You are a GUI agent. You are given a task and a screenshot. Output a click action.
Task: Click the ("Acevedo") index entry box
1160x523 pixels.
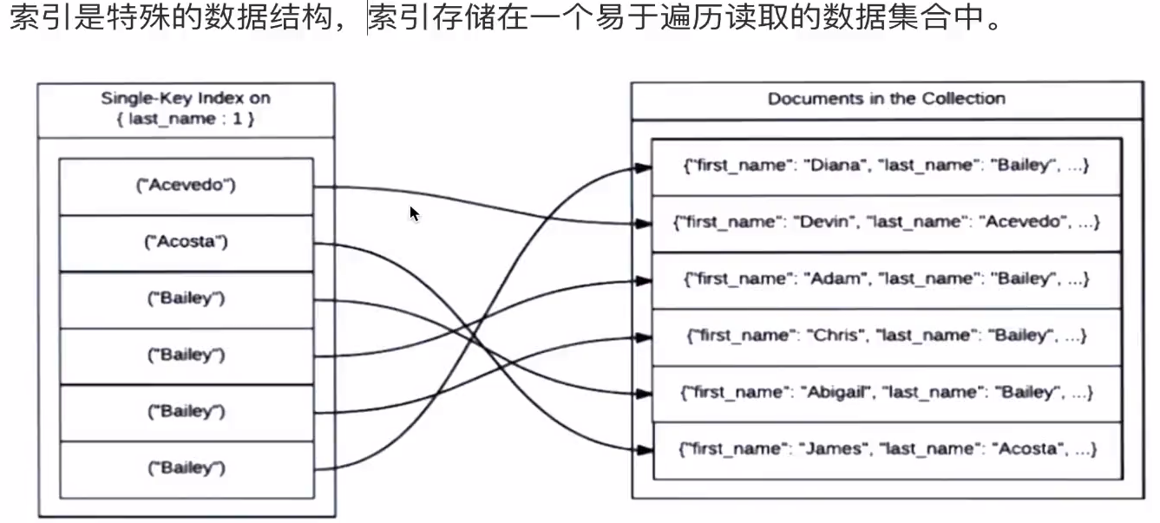click(186, 185)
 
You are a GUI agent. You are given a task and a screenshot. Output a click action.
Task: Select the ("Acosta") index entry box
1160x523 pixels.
click(186, 242)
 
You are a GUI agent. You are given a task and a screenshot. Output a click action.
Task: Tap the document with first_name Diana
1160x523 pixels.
click(886, 166)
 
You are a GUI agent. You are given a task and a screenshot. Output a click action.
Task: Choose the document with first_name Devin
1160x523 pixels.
click(886, 222)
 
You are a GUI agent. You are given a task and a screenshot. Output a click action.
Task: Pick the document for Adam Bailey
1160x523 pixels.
click(886, 279)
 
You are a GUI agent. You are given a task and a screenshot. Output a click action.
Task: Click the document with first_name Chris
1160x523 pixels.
click(886, 336)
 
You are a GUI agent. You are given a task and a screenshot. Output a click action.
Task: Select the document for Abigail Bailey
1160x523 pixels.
click(886, 393)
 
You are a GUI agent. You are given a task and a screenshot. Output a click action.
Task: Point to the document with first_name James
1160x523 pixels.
click(886, 449)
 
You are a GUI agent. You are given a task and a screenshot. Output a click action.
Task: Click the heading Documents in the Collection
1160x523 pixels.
click(886, 99)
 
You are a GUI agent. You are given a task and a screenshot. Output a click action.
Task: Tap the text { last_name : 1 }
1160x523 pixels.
click(186, 119)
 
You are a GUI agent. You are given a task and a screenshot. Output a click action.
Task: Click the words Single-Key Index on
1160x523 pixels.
click(186, 98)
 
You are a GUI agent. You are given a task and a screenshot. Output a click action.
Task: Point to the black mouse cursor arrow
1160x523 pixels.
click(414, 212)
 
